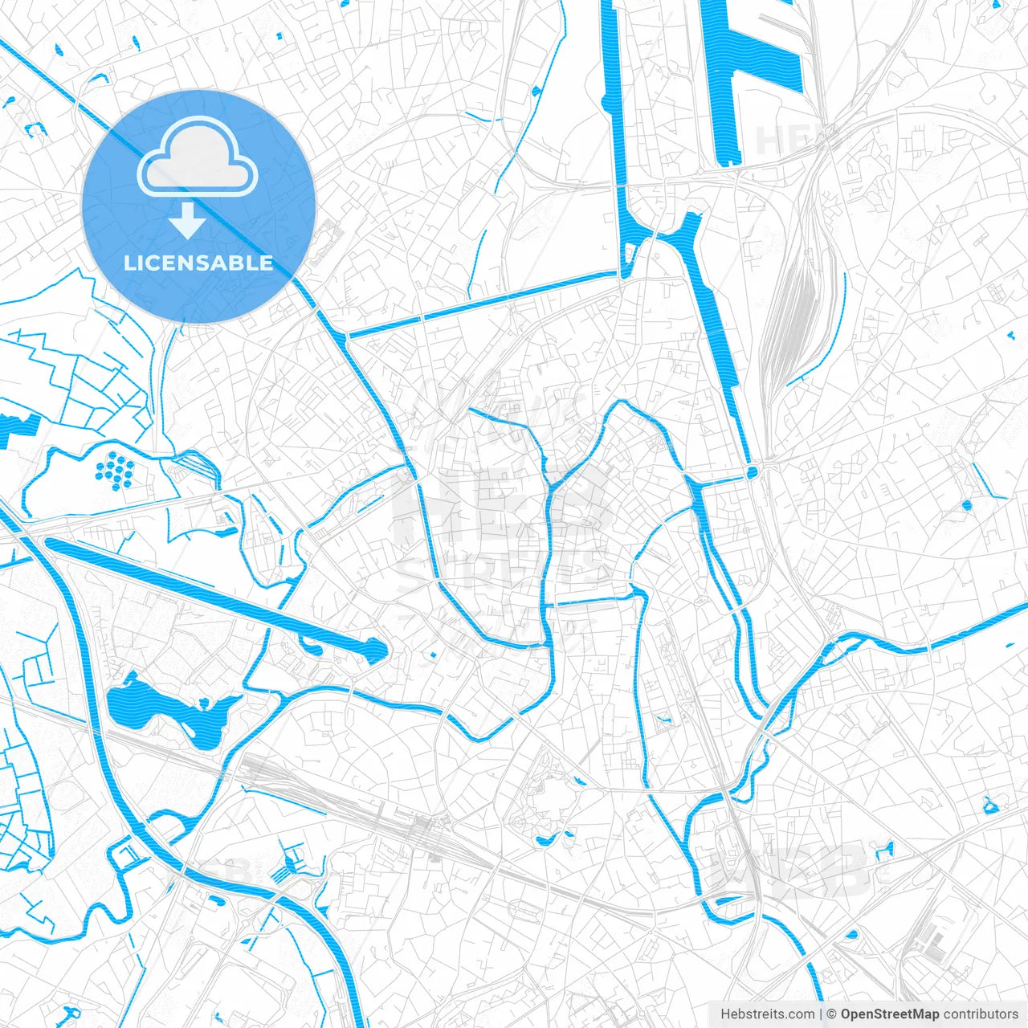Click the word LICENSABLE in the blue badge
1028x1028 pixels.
point(198,263)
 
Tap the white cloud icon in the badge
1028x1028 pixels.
point(198,157)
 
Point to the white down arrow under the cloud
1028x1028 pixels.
point(188,221)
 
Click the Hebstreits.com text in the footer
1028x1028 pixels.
point(767,1014)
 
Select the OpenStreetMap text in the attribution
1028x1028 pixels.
point(889,1014)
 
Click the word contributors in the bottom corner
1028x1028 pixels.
point(981,1014)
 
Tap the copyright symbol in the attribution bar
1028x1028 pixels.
point(832,1014)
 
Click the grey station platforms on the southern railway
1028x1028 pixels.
point(422,827)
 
